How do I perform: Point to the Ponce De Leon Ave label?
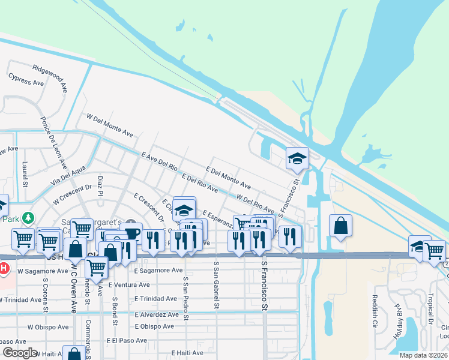point(52,140)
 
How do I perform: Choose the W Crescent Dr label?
point(76,191)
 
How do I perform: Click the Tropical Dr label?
point(431,307)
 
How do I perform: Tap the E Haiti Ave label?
point(191,353)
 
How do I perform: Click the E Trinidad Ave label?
point(155,298)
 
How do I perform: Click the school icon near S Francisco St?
point(297,159)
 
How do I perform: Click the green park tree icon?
point(27,217)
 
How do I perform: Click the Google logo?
point(20,353)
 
